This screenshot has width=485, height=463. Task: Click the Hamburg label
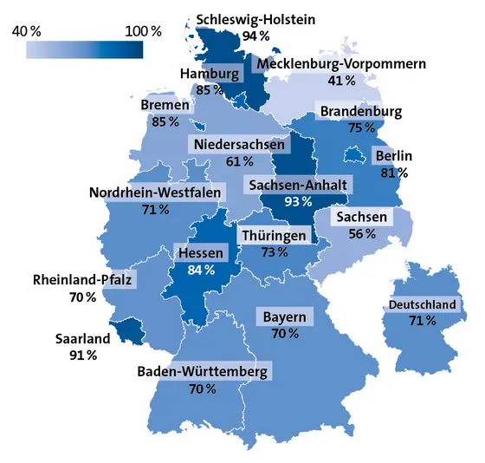[x=209, y=74]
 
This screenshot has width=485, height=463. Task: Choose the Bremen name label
[x=165, y=106]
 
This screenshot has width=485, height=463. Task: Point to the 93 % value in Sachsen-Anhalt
[x=298, y=202]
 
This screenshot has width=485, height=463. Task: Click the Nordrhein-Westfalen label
[x=154, y=192]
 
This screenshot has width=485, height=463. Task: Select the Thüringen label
[x=274, y=236]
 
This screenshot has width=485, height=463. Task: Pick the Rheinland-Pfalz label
[x=83, y=280]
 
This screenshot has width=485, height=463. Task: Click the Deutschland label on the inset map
[x=423, y=304]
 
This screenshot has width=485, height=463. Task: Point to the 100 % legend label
[x=143, y=31]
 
